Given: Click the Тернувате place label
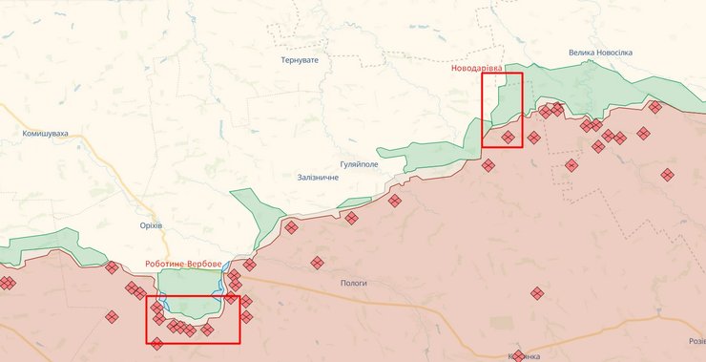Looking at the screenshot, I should point(299,59).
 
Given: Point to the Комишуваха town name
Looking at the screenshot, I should point(46,134).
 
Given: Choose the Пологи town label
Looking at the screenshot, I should point(353,283).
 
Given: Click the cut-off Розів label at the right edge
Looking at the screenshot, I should point(696,341).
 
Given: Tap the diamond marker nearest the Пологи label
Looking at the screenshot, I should point(317,263).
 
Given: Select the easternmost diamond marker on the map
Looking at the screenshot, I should point(667,174).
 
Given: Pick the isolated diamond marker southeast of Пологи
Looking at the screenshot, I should point(537,293).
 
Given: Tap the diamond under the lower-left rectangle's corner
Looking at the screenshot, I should point(156,344).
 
